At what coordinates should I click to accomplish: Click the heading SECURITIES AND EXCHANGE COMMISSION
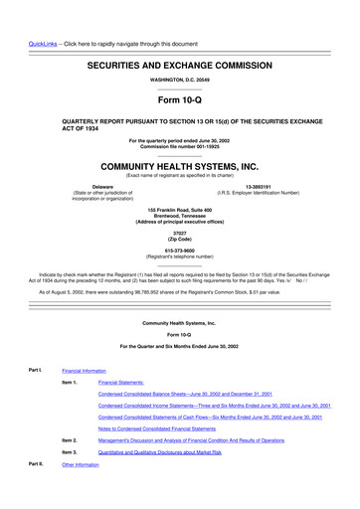click(179, 63)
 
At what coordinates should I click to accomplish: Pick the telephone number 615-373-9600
click(179, 251)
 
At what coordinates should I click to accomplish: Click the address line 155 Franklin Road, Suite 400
click(179, 209)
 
